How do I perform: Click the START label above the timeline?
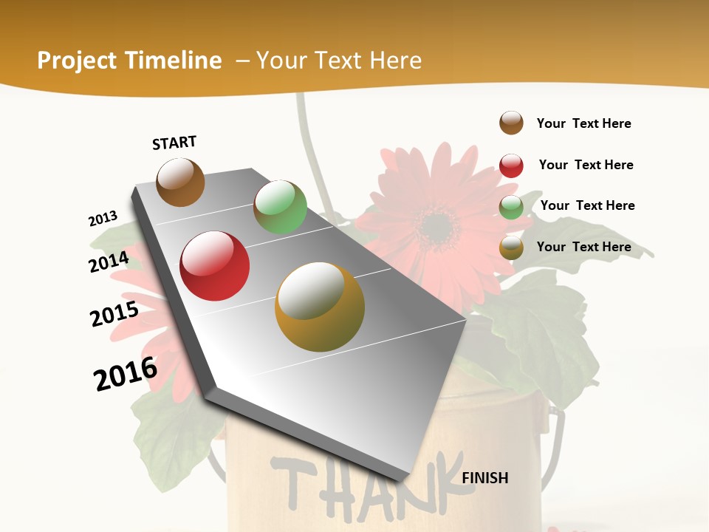(174, 143)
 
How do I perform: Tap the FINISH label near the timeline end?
(484, 478)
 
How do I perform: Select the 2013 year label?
(103, 219)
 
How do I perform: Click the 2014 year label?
(109, 262)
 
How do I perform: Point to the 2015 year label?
(114, 314)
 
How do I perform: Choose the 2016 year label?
(126, 374)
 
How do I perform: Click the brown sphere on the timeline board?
(180, 182)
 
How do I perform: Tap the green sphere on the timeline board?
(280, 207)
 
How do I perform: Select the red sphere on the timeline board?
(215, 266)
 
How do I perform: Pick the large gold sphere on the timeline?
(320, 307)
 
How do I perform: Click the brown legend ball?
(511, 123)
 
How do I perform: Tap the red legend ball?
(511, 166)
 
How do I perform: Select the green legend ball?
(511, 207)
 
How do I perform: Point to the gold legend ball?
(511, 248)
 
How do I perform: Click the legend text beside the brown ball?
(583, 123)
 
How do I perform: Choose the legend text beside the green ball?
(587, 205)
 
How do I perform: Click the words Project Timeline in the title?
(129, 61)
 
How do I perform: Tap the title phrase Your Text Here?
(339, 61)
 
